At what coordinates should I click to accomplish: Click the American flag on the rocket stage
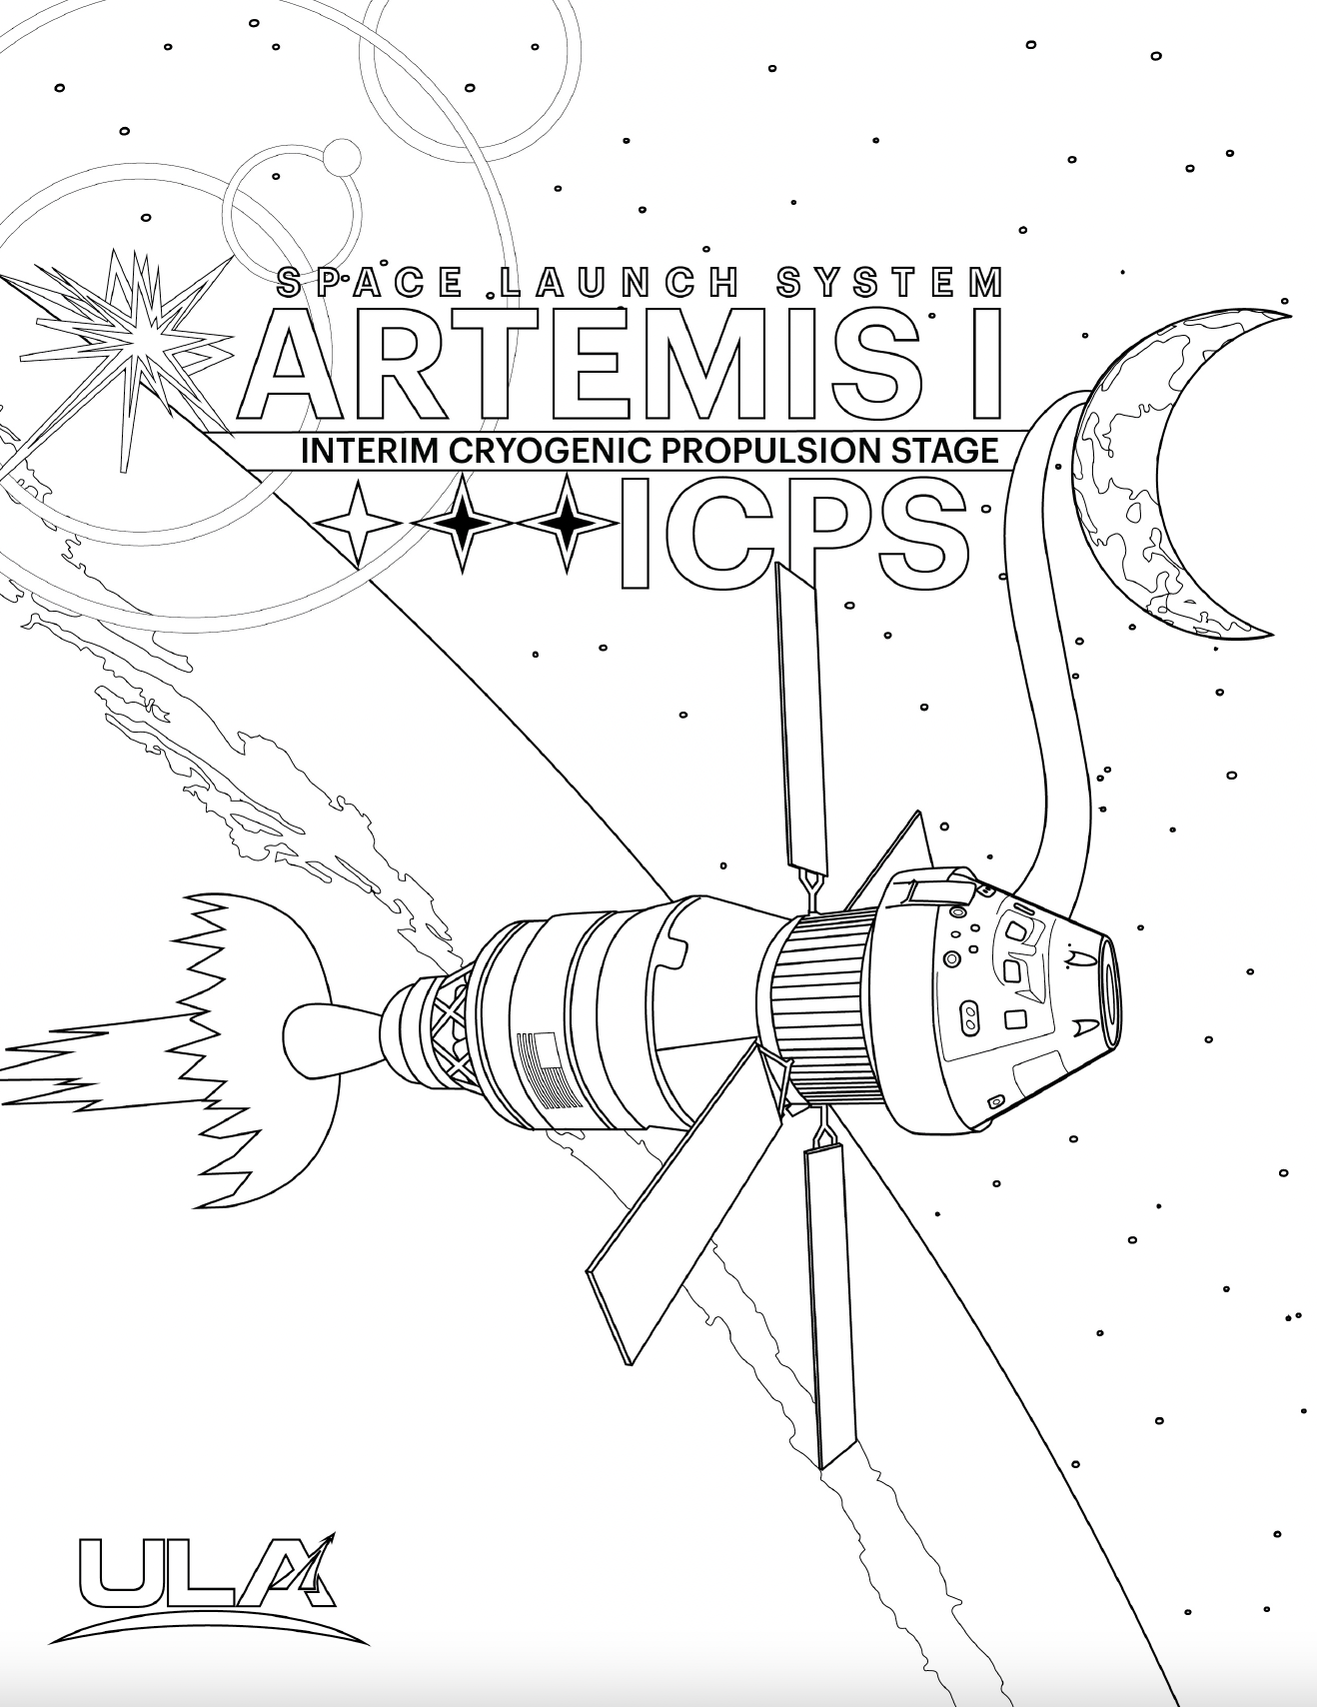click(x=551, y=1070)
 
